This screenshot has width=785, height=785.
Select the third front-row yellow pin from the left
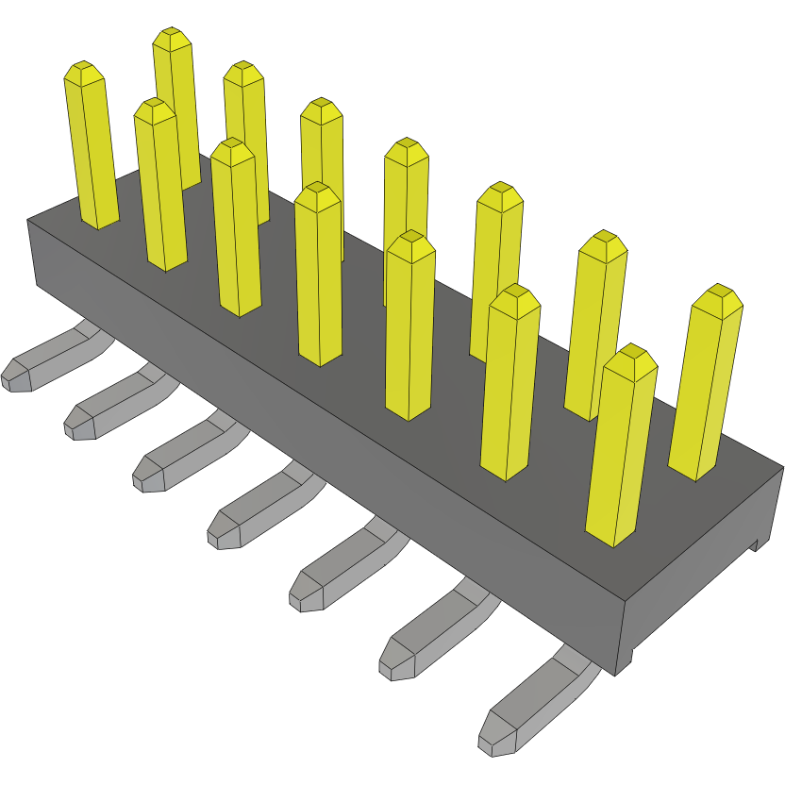tap(235, 226)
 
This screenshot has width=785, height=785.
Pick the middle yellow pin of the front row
tap(318, 274)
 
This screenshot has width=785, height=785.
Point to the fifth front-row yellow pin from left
tap(410, 326)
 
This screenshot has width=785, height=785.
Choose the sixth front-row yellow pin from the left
tap(510, 382)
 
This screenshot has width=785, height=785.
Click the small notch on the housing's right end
tap(755, 543)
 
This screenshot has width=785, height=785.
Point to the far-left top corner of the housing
tap(27, 220)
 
